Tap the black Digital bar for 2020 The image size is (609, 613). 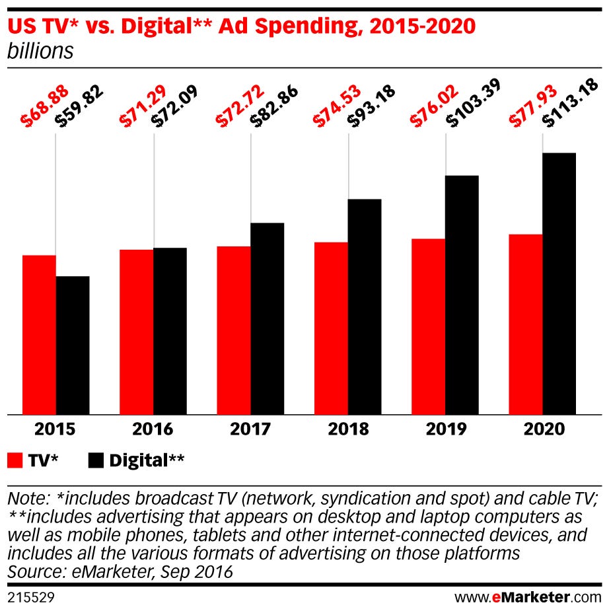[x=559, y=284]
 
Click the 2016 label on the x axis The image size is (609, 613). [x=153, y=429]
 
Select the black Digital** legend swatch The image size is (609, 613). [x=96, y=460]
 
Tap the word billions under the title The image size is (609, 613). [x=40, y=52]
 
